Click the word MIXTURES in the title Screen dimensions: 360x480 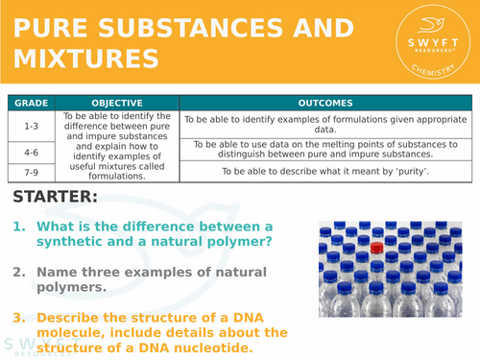click(84, 60)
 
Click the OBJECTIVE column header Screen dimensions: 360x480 click(116, 103)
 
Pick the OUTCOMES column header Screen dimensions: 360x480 click(324, 103)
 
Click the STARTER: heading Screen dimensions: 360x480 click(56, 198)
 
